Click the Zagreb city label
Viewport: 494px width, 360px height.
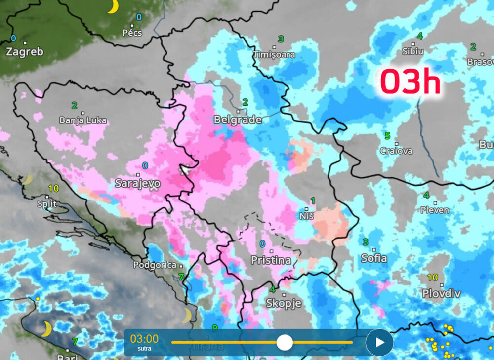pyautogui.click(x=25, y=52)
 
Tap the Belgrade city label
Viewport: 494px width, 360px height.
pyautogui.click(x=238, y=120)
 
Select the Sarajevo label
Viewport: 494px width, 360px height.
pyautogui.click(x=137, y=183)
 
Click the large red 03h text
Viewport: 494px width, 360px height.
pyautogui.click(x=410, y=82)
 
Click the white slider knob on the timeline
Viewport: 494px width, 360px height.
pyautogui.click(x=285, y=342)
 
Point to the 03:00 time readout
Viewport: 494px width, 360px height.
pyautogui.click(x=144, y=339)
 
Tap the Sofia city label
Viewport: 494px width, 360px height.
pyautogui.click(x=374, y=258)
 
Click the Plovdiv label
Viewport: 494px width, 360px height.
pyautogui.click(x=442, y=294)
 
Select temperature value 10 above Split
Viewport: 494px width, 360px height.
pyautogui.click(x=54, y=188)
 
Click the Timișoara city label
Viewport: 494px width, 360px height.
pyautogui.click(x=274, y=54)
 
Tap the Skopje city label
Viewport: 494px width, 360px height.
pyautogui.click(x=284, y=303)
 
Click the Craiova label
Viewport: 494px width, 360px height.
pyautogui.click(x=396, y=151)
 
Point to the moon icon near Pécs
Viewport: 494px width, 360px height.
pyautogui.click(x=113, y=6)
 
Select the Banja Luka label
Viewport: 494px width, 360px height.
pyautogui.click(x=83, y=120)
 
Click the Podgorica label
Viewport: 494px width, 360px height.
pyautogui.click(x=154, y=265)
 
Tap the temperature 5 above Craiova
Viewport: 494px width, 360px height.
pyautogui.click(x=387, y=136)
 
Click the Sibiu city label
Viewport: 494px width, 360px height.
pyautogui.click(x=413, y=51)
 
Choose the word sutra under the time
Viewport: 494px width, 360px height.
pyautogui.click(x=144, y=349)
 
